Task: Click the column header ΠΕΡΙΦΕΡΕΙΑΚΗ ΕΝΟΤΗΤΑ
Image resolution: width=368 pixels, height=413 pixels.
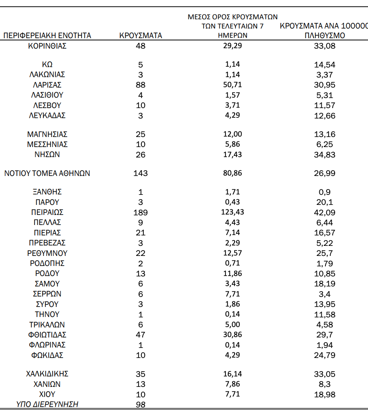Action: point(47,36)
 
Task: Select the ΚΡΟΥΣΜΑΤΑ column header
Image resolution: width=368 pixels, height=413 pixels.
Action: point(141,36)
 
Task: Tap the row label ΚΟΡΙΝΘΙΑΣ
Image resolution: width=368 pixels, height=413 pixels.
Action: point(47,46)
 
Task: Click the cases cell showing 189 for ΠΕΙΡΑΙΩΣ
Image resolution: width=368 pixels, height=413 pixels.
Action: point(141,213)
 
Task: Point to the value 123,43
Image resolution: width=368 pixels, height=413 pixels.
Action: point(233,212)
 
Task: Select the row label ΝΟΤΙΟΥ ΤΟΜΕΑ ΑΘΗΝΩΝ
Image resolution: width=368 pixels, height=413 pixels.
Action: point(47,174)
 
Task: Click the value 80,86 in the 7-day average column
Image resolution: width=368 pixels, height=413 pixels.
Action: point(233,173)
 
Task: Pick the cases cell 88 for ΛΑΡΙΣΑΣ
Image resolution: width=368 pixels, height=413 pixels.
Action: point(141,85)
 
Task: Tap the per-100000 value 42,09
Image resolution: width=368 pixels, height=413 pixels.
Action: point(325,213)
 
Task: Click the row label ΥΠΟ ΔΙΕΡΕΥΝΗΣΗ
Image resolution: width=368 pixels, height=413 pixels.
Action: point(47,405)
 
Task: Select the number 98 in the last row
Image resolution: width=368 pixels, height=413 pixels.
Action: point(141,405)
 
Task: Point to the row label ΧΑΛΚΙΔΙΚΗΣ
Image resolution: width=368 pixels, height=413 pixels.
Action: point(47,374)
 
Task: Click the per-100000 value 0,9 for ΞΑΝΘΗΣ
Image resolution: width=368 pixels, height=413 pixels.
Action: point(325,192)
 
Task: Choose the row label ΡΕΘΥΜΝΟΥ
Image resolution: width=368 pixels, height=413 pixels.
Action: point(47,253)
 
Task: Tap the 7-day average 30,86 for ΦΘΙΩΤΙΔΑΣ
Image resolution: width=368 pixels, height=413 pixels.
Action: point(233,335)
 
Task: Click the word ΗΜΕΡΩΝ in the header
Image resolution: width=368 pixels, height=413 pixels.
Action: point(233,35)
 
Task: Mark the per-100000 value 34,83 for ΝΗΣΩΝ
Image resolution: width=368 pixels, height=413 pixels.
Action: point(325,155)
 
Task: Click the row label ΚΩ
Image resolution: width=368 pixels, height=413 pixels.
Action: point(47,65)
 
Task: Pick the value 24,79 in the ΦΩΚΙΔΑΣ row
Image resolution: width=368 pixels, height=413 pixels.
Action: point(325,356)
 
